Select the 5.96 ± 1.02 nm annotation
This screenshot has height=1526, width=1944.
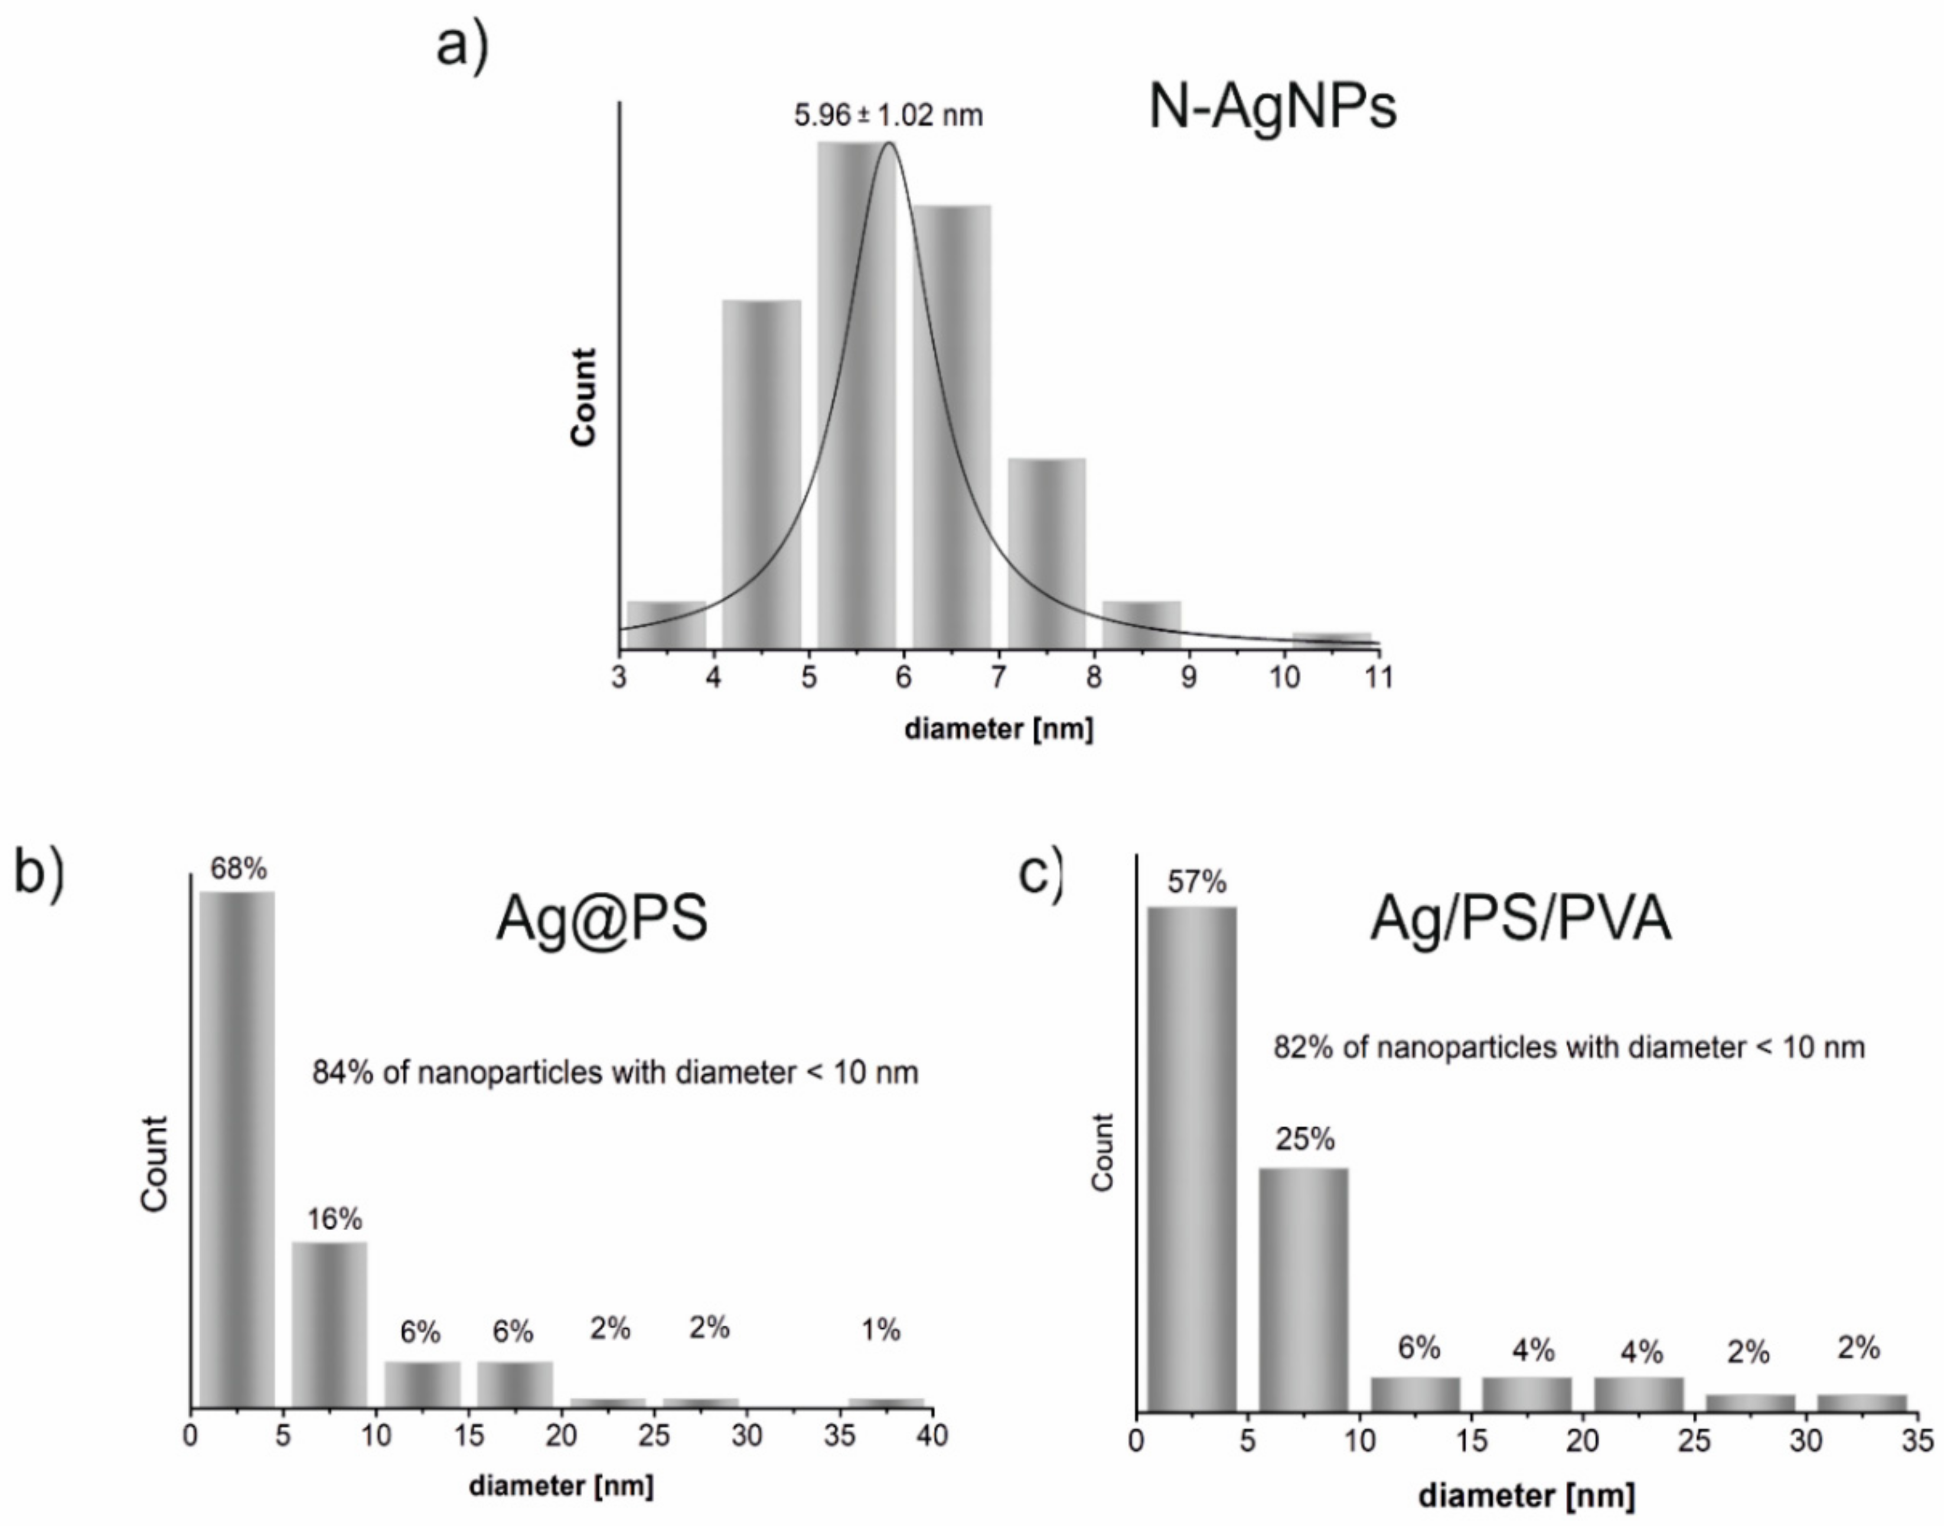pos(888,115)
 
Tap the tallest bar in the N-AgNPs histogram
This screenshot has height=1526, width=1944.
pos(856,393)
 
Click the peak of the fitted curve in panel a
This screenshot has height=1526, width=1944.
pos(888,144)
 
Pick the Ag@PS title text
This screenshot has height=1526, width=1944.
pos(601,918)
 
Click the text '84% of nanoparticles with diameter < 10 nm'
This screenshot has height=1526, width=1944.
pos(615,1072)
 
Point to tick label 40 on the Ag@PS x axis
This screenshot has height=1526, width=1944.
pos(932,1436)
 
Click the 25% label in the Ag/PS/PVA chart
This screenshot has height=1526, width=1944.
pos(1304,1139)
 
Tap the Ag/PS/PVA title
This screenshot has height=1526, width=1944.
pos(1519,919)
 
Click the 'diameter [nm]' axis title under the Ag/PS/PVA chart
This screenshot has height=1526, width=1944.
pos(1526,1495)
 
